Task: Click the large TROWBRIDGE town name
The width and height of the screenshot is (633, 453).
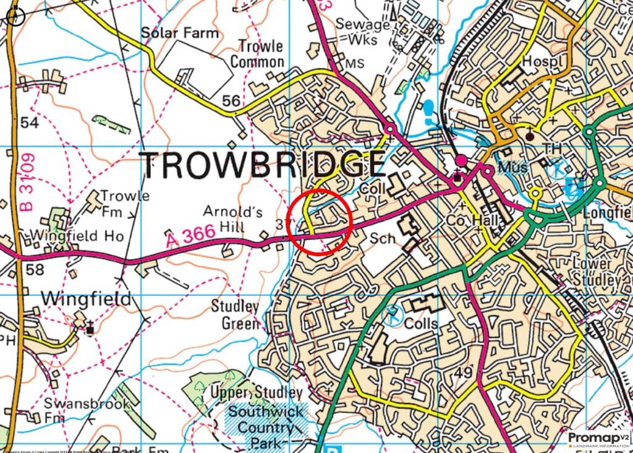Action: point(263,165)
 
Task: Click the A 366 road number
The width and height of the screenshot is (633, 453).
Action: point(190,235)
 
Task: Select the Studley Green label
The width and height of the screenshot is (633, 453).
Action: point(235,314)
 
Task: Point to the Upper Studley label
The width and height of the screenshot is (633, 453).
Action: point(257,392)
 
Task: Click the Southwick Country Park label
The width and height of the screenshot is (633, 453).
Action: point(266,427)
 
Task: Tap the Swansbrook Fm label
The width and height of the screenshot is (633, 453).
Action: point(87,410)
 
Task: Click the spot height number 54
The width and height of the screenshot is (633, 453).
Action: point(29,123)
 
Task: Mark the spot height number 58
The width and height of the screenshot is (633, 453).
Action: point(35,270)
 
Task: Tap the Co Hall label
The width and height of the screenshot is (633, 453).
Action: point(472,221)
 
